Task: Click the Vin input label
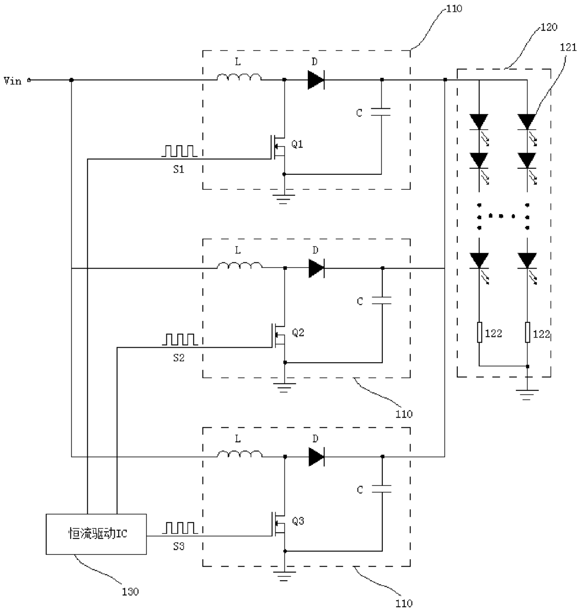coord(13,81)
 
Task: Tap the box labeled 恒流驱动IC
coord(96,534)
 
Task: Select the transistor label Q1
coord(297,144)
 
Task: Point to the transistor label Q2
coord(298,332)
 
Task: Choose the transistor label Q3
coord(298,521)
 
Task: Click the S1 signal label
coord(179,169)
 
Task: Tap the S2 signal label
coord(179,358)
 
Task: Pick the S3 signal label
coord(179,546)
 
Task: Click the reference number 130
coord(130,591)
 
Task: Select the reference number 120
coord(549,27)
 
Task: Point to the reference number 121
coord(568,47)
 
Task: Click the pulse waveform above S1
coord(179,151)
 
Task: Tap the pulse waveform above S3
coord(180,528)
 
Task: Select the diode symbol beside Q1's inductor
coord(316,80)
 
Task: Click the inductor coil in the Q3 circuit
coord(239,454)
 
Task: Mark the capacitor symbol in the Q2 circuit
coord(382,301)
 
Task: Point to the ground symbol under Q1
coord(283,199)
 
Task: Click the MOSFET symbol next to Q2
coord(279,336)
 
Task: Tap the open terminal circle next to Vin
coord(29,80)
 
